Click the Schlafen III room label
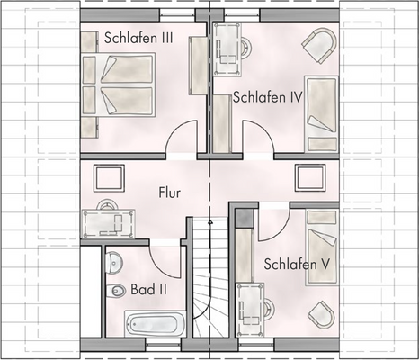(x=138, y=38)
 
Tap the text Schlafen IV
(x=266, y=97)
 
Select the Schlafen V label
(x=296, y=265)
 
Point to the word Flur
(x=171, y=193)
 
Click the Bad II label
(x=147, y=290)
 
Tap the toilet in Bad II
(x=118, y=291)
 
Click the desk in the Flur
(x=107, y=219)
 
